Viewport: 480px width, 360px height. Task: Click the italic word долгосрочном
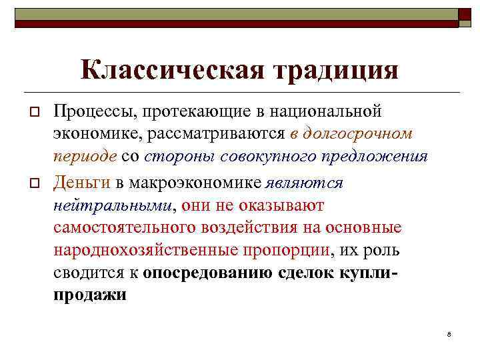tap(357, 134)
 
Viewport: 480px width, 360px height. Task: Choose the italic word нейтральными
tap(111, 205)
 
